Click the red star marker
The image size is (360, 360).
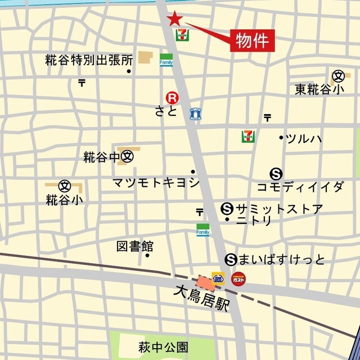click(x=175, y=19)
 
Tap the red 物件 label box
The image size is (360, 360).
click(x=253, y=40)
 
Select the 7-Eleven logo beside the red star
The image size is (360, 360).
click(x=182, y=35)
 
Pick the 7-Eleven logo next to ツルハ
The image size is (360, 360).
click(x=247, y=136)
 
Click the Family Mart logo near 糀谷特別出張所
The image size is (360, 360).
click(x=166, y=60)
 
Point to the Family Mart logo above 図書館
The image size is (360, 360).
click(x=203, y=229)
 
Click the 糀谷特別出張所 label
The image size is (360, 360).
click(x=89, y=60)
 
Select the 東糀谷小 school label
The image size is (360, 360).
click(x=319, y=89)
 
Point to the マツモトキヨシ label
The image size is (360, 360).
click(x=156, y=182)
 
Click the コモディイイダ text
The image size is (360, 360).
click(x=300, y=187)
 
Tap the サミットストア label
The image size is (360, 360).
click(x=280, y=209)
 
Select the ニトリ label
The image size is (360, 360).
click(x=254, y=221)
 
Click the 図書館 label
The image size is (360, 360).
click(x=135, y=246)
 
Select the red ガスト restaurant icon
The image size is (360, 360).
click(x=238, y=278)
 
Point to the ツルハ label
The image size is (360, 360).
click(x=304, y=138)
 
